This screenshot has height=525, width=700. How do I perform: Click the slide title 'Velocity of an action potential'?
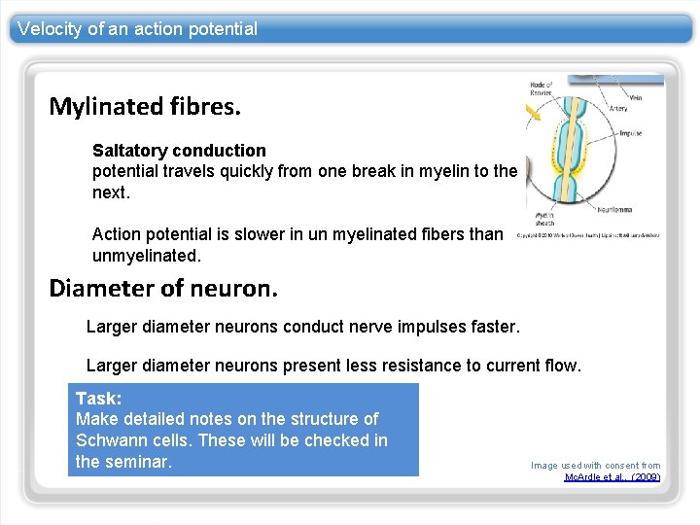[x=137, y=29]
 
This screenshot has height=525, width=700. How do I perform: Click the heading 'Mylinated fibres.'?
[x=145, y=105]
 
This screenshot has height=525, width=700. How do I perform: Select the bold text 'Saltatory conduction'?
[x=179, y=151]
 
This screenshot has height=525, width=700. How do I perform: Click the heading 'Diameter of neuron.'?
[x=163, y=288]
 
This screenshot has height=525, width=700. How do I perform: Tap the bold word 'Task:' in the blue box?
[x=98, y=399]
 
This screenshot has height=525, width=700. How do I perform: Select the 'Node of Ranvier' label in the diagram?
[x=541, y=89]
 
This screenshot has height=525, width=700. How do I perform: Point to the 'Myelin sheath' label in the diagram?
[x=542, y=216]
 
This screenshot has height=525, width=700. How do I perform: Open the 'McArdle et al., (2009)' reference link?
[x=612, y=477]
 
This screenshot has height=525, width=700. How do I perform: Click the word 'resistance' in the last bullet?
[x=419, y=366]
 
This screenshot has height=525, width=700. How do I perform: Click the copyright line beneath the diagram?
[x=586, y=234]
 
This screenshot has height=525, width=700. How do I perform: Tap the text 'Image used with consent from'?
[x=595, y=466]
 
